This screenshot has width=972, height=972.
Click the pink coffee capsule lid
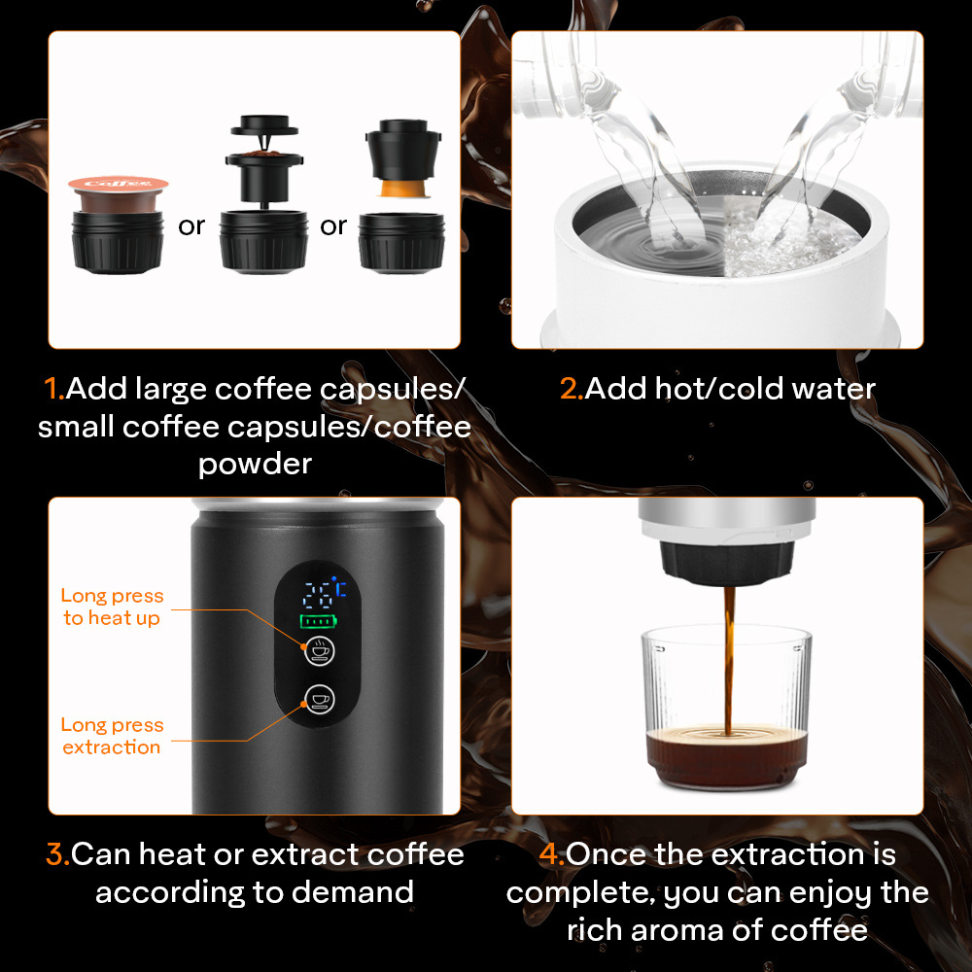(118, 184)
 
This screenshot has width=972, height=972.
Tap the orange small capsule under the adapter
(404, 189)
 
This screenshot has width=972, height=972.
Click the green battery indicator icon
(319, 620)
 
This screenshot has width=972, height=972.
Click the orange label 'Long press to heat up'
(112, 607)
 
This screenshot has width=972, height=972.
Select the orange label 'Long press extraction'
(112, 736)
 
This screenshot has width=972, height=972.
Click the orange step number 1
(53, 389)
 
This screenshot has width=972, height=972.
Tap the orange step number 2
(571, 389)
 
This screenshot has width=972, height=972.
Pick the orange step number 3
(57, 853)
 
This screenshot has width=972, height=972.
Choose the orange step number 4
(551, 853)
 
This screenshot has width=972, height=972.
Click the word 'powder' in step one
(255, 465)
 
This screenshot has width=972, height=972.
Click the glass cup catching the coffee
(726, 708)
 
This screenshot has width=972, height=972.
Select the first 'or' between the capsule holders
(191, 226)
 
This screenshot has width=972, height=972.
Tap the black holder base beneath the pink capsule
(118, 242)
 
